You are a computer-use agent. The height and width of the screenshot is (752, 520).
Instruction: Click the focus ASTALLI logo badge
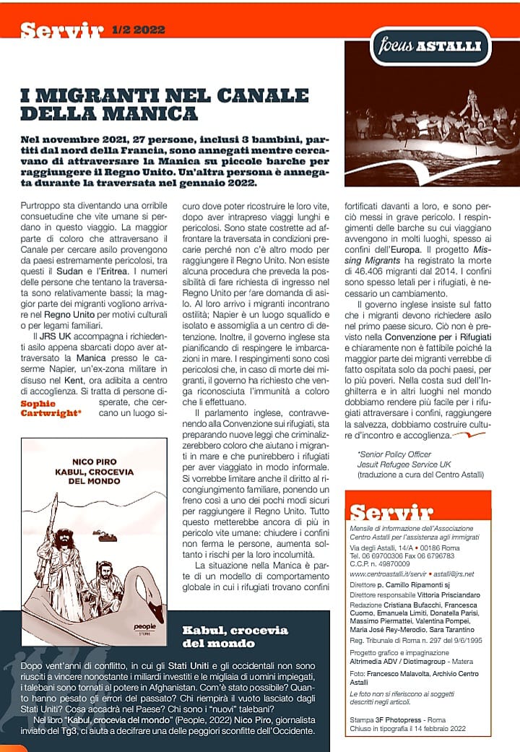[430, 47]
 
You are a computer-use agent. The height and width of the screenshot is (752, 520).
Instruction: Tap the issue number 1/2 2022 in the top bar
[139, 30]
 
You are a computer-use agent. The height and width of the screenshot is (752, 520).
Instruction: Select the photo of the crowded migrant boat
[432, 136]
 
